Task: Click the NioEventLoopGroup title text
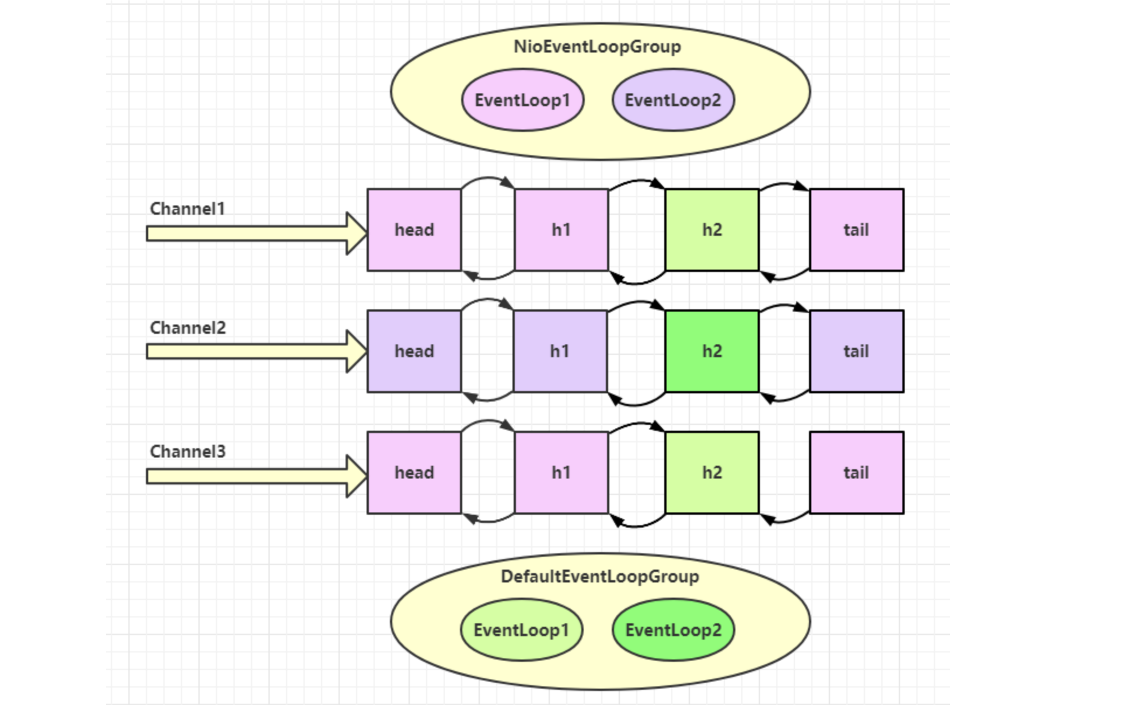[597, 47]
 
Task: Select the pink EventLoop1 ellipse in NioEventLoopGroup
[522, 100]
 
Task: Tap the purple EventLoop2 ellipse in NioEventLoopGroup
[673, 100]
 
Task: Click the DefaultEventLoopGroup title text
[600, 577]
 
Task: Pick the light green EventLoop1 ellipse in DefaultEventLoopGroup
[521, 630]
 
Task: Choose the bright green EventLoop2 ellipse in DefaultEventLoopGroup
[673, 630]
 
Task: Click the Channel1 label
[187, 208]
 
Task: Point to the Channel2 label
[188, 327]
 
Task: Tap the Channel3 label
[188, 451]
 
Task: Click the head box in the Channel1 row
[414, 230]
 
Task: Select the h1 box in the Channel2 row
[560, 351]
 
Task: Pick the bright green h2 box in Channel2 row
[712, 351]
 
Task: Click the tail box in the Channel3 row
[857, 473]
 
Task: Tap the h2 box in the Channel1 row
[712, 230]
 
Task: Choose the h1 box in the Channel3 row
[561, 473]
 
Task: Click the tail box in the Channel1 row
[857, 230]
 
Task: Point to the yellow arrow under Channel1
[257, 233]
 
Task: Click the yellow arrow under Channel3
[257, 476]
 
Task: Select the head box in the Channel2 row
[414, 351]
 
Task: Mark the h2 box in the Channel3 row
[712, 473]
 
